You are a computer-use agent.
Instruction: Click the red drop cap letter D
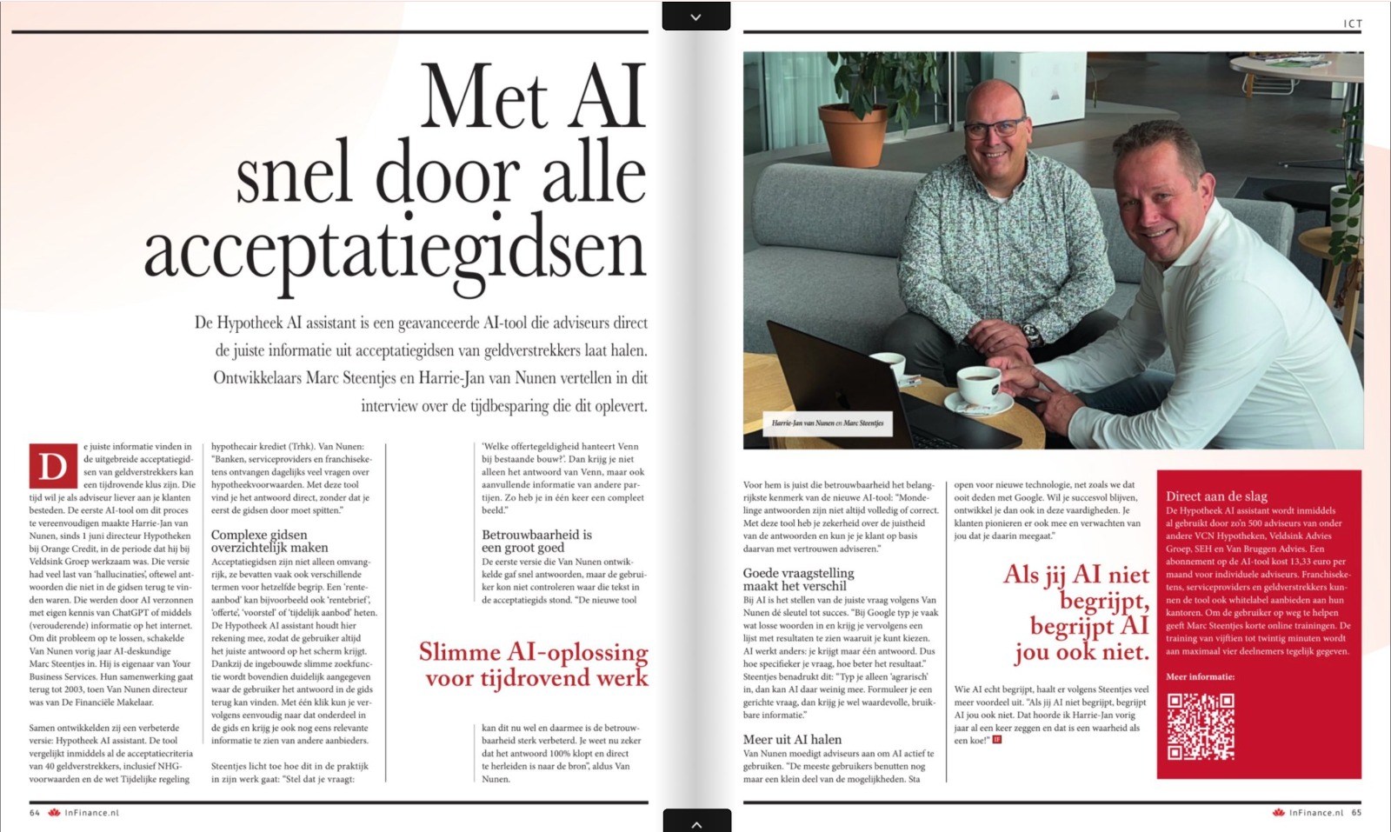click(x=53, y=467)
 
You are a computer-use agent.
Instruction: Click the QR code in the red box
click(x=1201, y=727)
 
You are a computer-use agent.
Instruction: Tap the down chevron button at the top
click(x=695, y=17)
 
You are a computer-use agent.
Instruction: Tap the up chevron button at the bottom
click(x=695, y=822)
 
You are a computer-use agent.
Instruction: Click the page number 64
click(x=35, y=813)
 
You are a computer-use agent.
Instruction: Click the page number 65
click(x=1356, y=813)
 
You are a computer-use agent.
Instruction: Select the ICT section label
click(x=1353, y=24)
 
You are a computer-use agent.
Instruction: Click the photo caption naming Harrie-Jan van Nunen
click(x=827, y=423)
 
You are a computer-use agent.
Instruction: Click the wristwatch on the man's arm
click(x=1031, y=333)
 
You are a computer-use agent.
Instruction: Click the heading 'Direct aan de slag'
click(x=1216, y=496)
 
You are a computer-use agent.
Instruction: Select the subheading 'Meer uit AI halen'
click(x=792, y=739)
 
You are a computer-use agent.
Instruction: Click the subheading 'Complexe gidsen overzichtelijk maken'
click(x=270, y=541)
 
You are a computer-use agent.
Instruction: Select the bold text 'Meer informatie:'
click(x=1200, y=676)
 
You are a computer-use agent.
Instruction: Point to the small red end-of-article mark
click(x=997, y=740)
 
